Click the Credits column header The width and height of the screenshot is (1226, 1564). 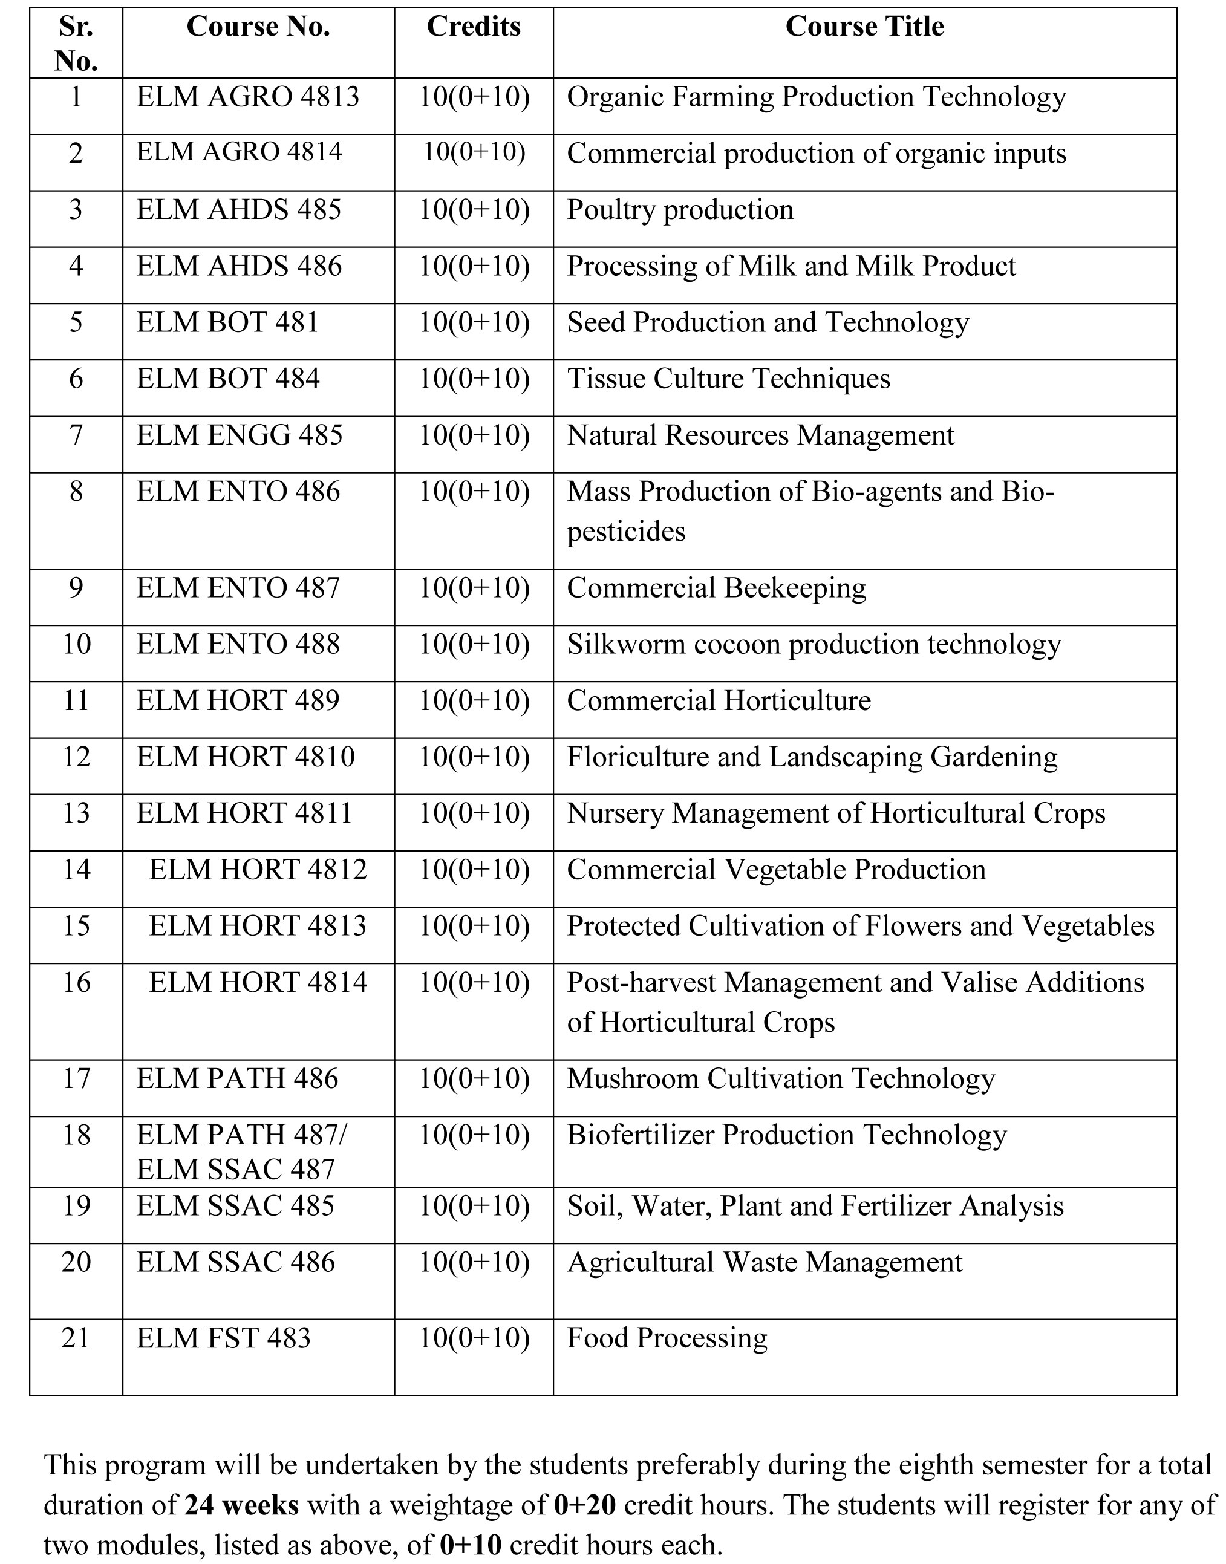pyautogui.click(x=473, y=27)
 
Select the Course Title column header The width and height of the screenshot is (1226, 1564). pyautogui.click(x=864, y=27)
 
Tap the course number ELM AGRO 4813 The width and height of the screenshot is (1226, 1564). pyautogui.click(x=247, y=97)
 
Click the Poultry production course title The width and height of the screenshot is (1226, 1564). pyautogui.click(x=680, y=210)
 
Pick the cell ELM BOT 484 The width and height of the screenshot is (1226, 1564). pyautogui.click(x=228, y=379)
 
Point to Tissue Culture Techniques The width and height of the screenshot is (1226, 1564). pyautogui.click(x=729, y=379)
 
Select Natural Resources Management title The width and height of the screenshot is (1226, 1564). pyautogui.click(x=760, y=435)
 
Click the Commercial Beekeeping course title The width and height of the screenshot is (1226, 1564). pyautogui.click(x=716, y=588)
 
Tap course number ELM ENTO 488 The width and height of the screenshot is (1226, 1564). pyautogui.click(x=238, y=645)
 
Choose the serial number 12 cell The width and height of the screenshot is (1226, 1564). pyautogui.click(x=76, y=757)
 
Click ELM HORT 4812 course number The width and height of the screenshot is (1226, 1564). pyautogui.click(x=258, y=870)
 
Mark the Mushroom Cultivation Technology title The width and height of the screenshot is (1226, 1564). pyautogui.click(x=781, y=1079)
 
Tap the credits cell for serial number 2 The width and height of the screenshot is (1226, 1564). pyautogui.click(x=474, y=153)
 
